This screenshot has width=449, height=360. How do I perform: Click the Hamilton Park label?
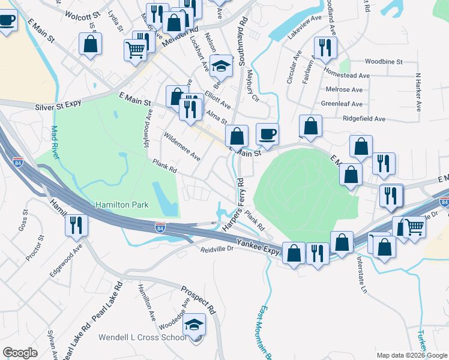122,205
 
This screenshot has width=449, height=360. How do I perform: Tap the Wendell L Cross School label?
143,337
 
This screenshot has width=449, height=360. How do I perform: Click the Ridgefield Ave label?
364,119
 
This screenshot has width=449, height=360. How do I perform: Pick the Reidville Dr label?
216,249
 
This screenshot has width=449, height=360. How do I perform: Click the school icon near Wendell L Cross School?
194,326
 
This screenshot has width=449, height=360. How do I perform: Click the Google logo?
20,353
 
